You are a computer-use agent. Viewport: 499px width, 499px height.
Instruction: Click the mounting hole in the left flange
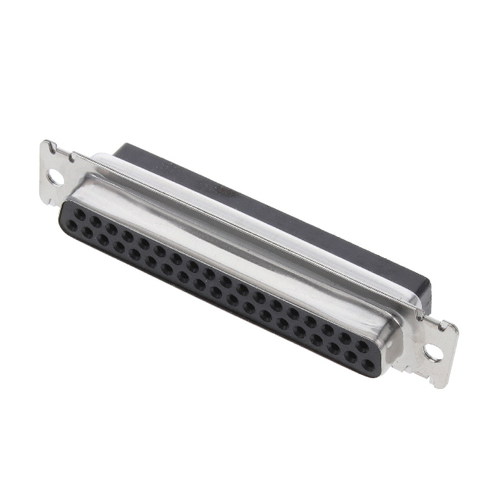55,176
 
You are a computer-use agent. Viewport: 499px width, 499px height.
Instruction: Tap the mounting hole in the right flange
434,352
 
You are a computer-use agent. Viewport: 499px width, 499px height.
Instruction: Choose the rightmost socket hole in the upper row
361,343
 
